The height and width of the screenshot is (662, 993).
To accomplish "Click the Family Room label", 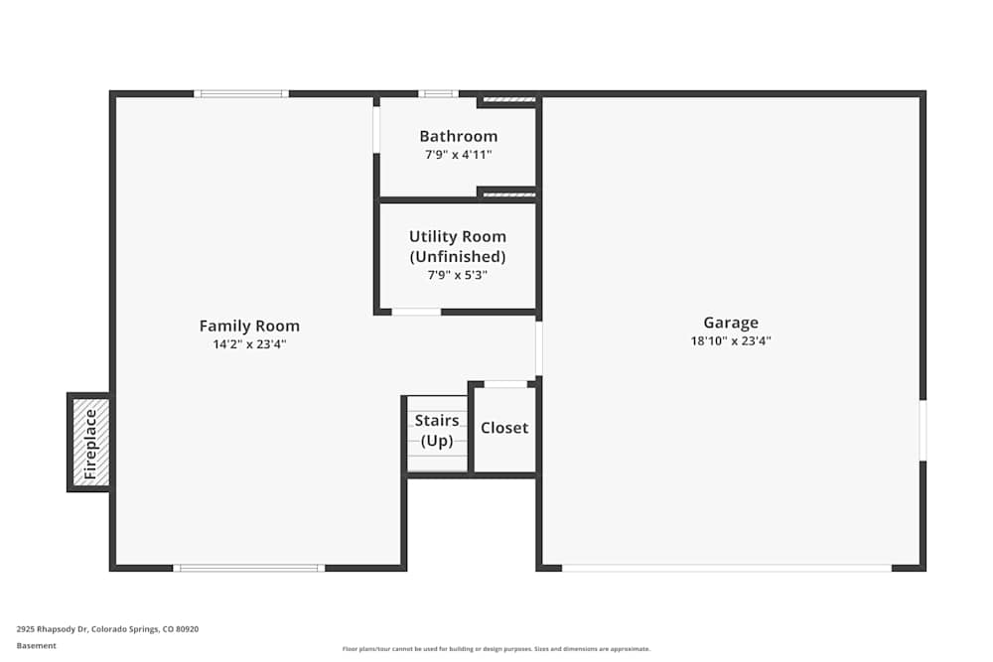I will (249, 326).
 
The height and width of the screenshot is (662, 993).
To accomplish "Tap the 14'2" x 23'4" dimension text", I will (249, 344).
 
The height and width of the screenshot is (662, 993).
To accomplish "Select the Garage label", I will (731, 322).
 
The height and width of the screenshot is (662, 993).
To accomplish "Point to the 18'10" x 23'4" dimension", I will (731, 340).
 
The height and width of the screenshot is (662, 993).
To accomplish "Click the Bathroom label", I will (458, 136).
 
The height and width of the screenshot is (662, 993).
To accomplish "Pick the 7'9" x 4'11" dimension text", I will (458, 155).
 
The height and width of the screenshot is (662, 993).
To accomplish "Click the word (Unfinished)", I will (458, 256).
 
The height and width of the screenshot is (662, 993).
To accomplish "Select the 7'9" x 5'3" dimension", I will (458, 275).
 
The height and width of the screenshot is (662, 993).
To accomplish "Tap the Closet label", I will (504, 428).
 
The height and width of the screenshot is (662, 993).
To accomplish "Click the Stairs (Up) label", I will (437, 431).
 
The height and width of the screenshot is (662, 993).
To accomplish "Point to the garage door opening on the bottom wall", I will (726, 568).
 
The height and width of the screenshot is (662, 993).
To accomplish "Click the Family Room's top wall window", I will (241, 93).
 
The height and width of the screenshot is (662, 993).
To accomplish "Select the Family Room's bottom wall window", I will (249, 568).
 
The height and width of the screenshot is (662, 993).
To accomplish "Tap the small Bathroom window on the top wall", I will (438, 93).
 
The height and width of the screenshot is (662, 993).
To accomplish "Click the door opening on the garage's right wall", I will (922, 430).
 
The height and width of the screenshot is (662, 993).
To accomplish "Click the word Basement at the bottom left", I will (37, 645).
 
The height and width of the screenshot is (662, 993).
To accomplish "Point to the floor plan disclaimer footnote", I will (496, 649).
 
